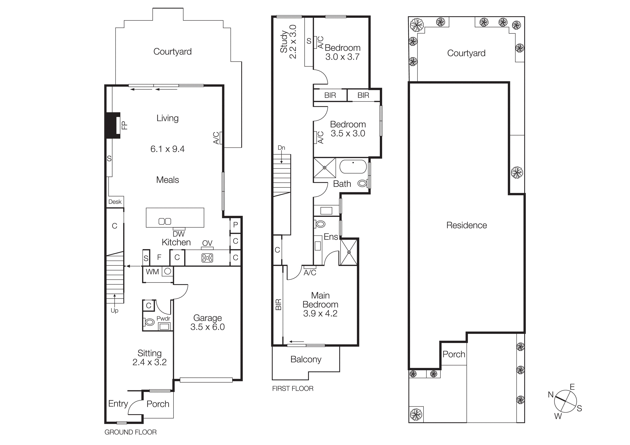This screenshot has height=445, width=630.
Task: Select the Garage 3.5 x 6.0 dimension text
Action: tap(207, 327)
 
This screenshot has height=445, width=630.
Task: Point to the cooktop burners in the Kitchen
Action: tap(207, 258)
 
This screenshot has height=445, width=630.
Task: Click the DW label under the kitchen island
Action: tap(179, 234)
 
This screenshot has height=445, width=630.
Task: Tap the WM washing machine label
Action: tap(152, 272)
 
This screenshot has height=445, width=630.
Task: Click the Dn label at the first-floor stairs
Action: tap(281, 148)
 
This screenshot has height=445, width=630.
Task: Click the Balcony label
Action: tap(306, 359)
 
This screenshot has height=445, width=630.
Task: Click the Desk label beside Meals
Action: tap(115, 202)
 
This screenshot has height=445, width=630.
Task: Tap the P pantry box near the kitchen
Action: tap(235, 225)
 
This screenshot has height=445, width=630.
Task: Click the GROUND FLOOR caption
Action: tap(130, 432)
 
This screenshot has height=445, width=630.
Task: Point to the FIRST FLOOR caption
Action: tap(293, 388)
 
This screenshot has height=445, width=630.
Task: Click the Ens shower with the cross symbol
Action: tap(349, 252)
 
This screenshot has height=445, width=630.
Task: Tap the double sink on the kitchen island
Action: tap(165, 221)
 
